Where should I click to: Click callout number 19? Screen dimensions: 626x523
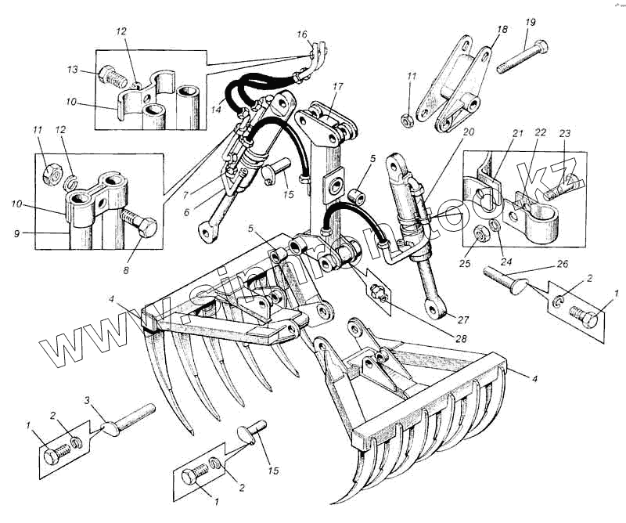[529, 21]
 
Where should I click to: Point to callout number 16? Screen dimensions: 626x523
[303, 34]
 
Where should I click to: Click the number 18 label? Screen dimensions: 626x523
[502, 29]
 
